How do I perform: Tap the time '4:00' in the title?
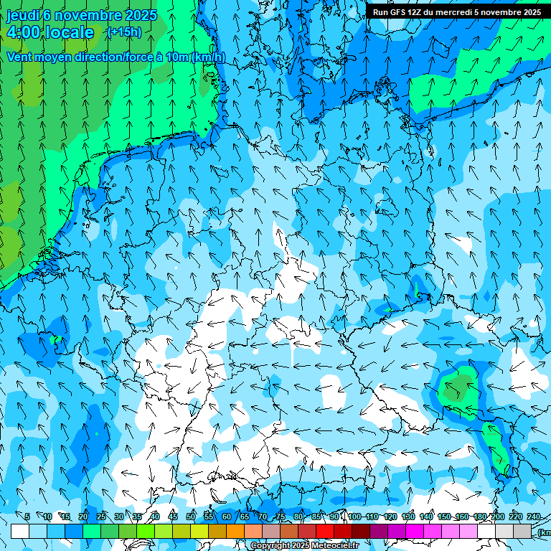tap(24, 32)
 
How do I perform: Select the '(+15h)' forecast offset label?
tap(124, 32)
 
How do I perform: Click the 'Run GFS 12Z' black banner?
tap(457, 11)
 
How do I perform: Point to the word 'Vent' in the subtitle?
tap(21, 57)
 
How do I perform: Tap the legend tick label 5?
tap(27, 517)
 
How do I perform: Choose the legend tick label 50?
tap(190, 517)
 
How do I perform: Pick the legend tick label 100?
tap(354, 517)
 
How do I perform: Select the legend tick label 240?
tap(533, 517)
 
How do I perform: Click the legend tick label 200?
tap(497, 517)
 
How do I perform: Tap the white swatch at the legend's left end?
tap(20, 531)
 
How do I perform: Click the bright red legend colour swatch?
tap(326, 531)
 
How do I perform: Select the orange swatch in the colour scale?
tap(235, 531)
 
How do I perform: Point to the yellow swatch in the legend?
tap(199, 531)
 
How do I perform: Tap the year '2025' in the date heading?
tap(141, 15)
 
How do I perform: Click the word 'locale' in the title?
tap(70, 32)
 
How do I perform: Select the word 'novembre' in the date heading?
tap(88, 15)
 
